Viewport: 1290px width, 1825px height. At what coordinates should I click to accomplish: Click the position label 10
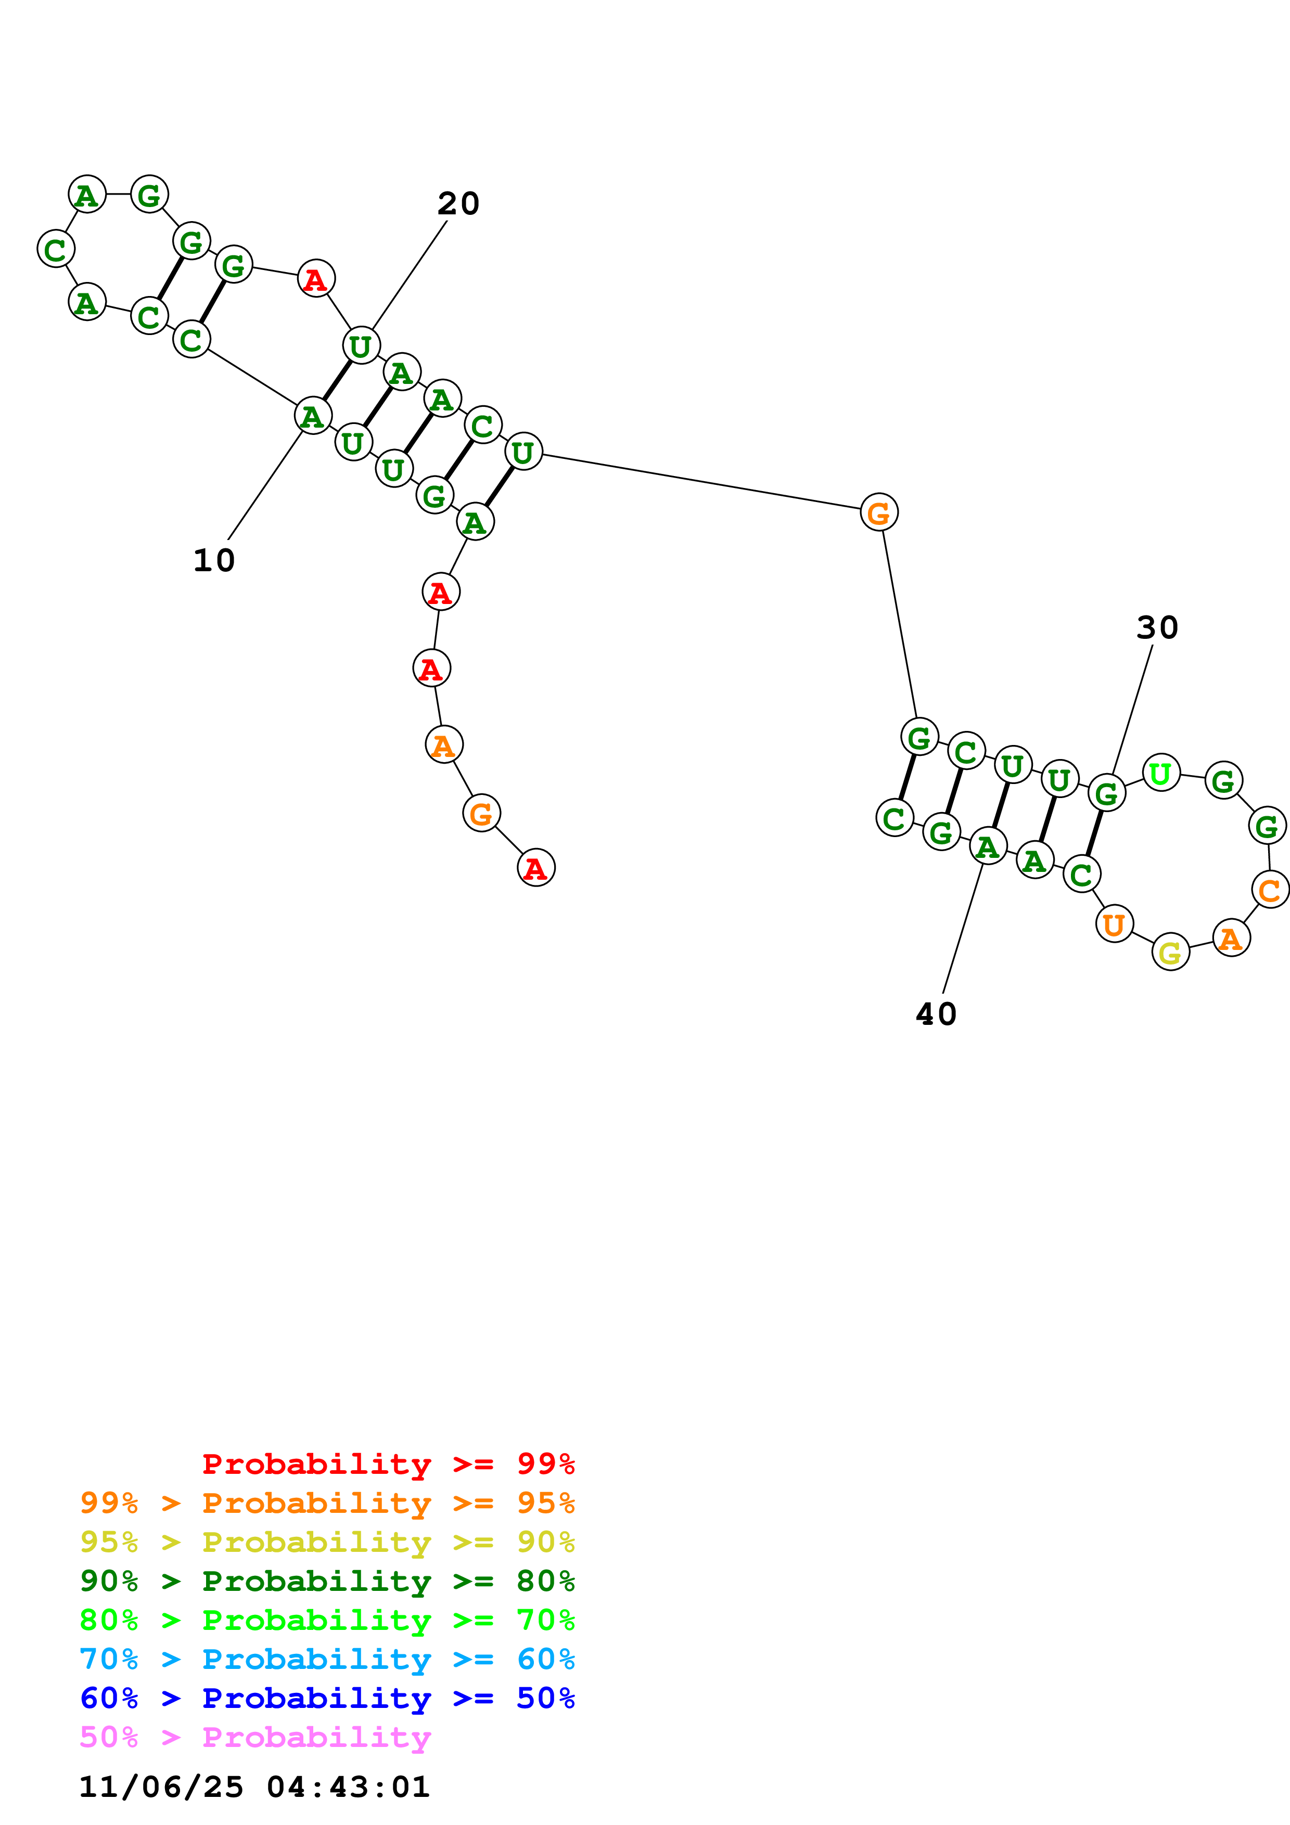click(214, 560)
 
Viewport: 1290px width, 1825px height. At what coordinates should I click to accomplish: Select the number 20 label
click(458, 203)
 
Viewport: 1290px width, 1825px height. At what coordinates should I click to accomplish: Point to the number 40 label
click(936, 1014)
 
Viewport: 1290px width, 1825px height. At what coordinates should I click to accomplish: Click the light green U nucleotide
click(1160, 773)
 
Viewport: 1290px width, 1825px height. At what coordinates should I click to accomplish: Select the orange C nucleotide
click(1269, 890)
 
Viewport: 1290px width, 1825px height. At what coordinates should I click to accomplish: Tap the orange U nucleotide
click(1114, 924)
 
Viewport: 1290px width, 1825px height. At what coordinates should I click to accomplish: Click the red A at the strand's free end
click(535, 868)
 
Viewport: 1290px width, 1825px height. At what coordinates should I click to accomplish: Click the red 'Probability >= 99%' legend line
click(388, 1464)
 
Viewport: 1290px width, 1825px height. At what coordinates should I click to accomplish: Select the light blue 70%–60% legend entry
click(327, 1659)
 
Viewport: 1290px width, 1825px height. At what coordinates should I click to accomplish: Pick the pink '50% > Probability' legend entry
click(255, 1737)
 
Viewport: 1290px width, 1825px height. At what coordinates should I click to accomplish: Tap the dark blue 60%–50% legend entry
click(327, 1698)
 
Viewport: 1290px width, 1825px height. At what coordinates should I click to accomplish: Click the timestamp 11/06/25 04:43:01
click(254, 1787)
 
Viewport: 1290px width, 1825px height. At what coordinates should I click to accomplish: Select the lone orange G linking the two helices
click(878, 512)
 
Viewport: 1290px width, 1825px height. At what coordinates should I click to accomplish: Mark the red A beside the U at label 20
click(315, 279)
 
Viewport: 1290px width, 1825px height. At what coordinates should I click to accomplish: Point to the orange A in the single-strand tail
click(443, 746)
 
